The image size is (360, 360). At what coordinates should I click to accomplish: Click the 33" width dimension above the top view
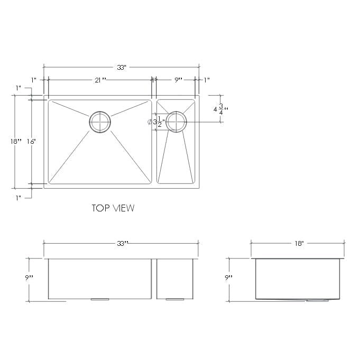click(122, 68)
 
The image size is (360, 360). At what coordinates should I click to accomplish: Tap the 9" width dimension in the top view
click(178, 80)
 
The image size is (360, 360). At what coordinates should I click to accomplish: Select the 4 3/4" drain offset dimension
click(217, 109)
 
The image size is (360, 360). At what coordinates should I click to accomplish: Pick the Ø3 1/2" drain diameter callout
click(156, 122)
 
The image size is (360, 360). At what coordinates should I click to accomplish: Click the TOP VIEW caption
click(113, 208)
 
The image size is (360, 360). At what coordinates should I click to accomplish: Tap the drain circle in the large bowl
click(99, 122)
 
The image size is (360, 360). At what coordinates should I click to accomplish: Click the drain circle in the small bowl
click(176, 122)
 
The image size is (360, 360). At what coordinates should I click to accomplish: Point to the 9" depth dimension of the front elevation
click(29, 278)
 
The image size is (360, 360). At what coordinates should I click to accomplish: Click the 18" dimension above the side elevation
click(299, 244)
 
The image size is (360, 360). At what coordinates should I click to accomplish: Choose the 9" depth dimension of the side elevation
click(228, 278)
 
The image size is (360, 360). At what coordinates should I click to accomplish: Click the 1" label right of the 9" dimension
click(206, 80)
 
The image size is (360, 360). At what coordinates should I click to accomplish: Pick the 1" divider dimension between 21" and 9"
click(154, 80)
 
